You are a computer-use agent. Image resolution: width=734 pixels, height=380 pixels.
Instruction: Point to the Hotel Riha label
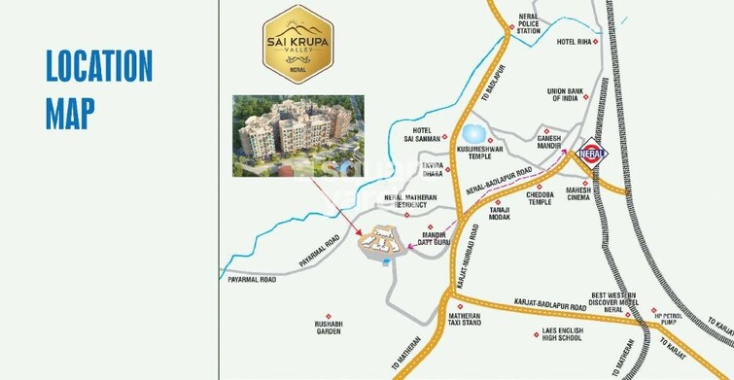(574, 43)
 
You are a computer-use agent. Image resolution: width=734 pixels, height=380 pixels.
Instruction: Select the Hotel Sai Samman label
(420, 136)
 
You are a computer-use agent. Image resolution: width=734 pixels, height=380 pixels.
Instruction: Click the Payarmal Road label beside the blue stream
(251, 280)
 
